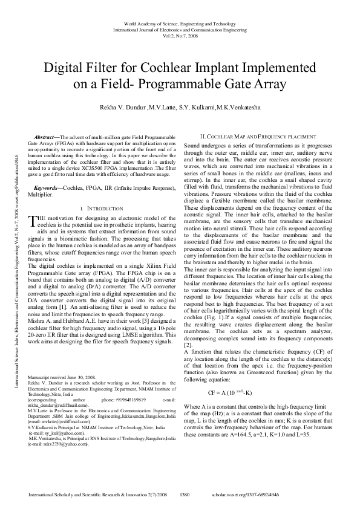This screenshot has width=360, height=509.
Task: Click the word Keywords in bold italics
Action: [48, 189]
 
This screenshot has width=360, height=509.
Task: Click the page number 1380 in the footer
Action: [186, 494]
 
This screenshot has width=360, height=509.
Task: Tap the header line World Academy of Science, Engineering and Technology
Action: [180, 23]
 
